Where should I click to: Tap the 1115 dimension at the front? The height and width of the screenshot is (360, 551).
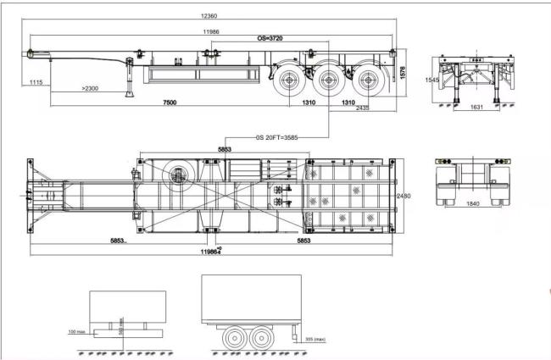tap(36, 82)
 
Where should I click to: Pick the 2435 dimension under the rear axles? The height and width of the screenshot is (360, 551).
tap(362, 108)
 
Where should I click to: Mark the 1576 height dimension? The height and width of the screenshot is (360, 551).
tap(404, 75)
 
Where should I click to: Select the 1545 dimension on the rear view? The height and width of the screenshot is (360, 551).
tap(431, 80)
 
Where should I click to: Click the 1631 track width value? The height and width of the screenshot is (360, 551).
tap(476, 108)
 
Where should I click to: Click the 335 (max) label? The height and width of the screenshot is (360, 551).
tap(314, 339)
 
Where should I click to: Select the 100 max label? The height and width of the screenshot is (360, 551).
tap(76, 332)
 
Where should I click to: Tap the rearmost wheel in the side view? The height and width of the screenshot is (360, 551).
tap(368, 83)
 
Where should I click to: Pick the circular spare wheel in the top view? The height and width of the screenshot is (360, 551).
tap(178, 175)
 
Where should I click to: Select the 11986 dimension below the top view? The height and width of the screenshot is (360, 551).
tap(209, 252)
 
